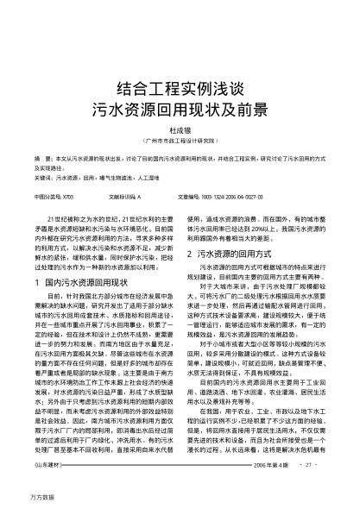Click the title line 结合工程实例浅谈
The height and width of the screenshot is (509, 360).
(180, 89)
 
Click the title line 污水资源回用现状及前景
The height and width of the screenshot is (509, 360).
(180, 109)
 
